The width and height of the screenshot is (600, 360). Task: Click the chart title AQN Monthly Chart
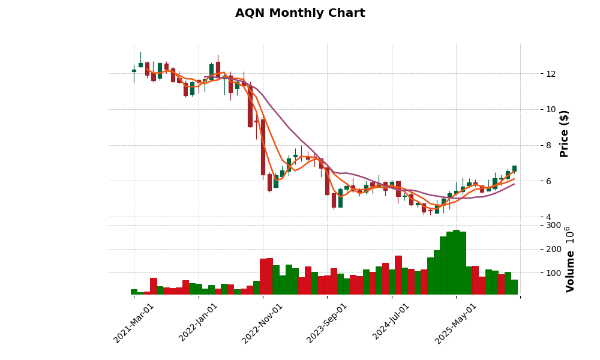coord(300,13)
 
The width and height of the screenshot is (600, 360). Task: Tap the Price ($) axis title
coord(564,133)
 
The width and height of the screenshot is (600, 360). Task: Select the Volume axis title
coord(570,259)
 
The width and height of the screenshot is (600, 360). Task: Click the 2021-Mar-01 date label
coord(134,323)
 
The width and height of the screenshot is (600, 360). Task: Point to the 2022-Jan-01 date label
coord(199,323)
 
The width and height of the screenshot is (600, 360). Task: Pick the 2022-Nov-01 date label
coord(263,323)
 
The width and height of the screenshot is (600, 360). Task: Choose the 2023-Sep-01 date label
coord(328,323)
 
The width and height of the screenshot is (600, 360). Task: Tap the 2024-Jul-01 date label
coord(392,323)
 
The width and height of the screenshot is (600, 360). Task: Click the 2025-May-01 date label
coord(456,323)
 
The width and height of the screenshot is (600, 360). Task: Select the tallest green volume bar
coord(456,262)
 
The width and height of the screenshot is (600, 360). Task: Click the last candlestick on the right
coord(514,169)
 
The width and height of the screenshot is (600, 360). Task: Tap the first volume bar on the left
coord(134,292)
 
